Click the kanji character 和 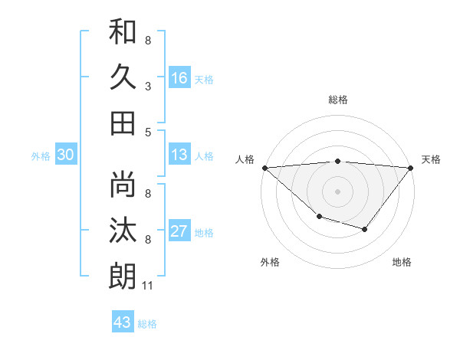(123, 32)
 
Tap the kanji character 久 (123, 77)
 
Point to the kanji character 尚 (123, 185)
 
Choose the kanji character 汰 (123, 230)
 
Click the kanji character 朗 (123, 275)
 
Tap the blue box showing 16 (179, 77)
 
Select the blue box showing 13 (179, 155)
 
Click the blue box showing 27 (179, 231)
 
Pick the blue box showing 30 (65, 155)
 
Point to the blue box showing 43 (123, 322)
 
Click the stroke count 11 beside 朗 (148, 286)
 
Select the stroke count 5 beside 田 (148, 133)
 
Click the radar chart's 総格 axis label (337, 100)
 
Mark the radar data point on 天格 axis (411, 167)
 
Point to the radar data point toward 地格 (365, 229)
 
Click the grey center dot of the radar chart (337, 191)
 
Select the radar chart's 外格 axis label (270, 262)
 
